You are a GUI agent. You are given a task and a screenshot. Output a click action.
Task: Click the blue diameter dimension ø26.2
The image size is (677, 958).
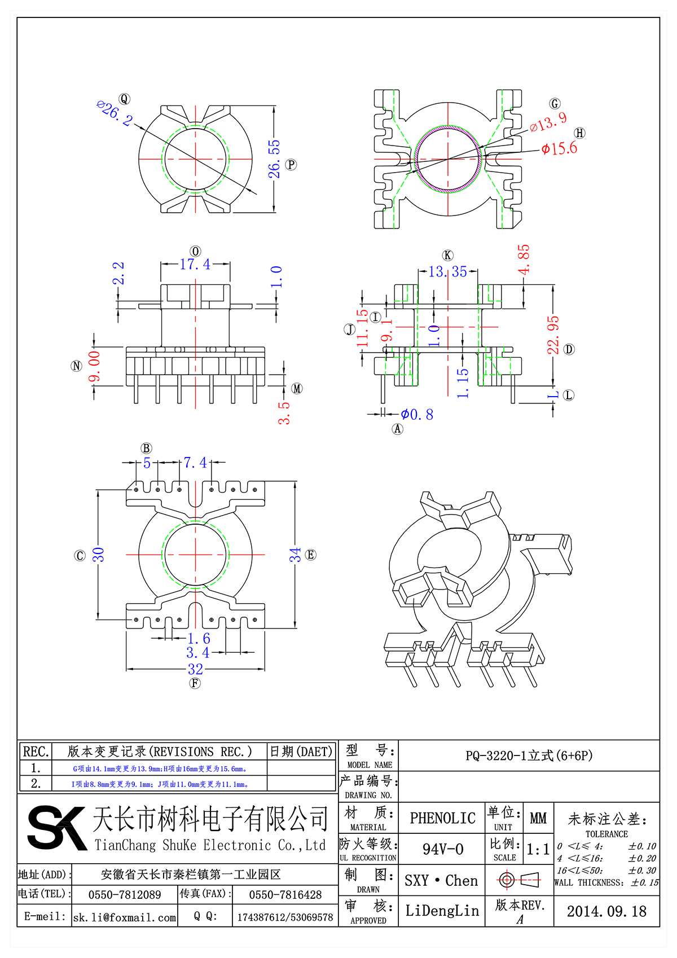(115, 113)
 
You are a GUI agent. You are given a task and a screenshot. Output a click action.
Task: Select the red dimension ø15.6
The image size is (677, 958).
(559, 148)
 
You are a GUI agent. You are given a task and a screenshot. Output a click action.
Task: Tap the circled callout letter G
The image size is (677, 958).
(555, 103)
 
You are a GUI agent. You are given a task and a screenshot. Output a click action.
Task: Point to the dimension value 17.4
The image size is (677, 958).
(195, 264)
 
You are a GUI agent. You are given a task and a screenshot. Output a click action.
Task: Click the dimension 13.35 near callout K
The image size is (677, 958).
(447, 272)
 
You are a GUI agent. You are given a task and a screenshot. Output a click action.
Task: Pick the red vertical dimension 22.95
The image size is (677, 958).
(553, 335)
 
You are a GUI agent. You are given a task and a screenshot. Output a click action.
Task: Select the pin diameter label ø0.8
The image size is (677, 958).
(417, 415)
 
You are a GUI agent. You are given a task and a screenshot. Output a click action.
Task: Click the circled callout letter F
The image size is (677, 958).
(195, 683)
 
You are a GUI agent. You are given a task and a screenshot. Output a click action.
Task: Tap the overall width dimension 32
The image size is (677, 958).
(195, 669)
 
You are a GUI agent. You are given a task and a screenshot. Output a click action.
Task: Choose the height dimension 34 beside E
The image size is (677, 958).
(295, 555)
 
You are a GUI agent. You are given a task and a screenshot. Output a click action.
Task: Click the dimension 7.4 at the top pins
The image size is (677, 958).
(195, 463)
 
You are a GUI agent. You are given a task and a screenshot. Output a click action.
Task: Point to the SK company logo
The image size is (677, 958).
(57, 828)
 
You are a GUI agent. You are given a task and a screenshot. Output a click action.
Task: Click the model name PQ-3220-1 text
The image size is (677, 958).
(529, 755)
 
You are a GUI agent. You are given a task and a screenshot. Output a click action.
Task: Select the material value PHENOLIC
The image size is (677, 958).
(442, 818)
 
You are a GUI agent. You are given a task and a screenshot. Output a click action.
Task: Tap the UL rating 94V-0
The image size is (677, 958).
(443, 849)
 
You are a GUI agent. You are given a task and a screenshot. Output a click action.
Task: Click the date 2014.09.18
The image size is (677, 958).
(606, 911)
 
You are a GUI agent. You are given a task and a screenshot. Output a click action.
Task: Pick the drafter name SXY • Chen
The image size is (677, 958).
(441, 881)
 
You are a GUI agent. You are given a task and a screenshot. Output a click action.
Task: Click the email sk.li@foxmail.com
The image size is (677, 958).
(125, 917)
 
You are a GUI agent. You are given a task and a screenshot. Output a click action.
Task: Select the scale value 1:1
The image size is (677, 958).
(538, 850)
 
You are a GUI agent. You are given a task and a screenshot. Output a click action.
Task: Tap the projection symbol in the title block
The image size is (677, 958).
(519, 880)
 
